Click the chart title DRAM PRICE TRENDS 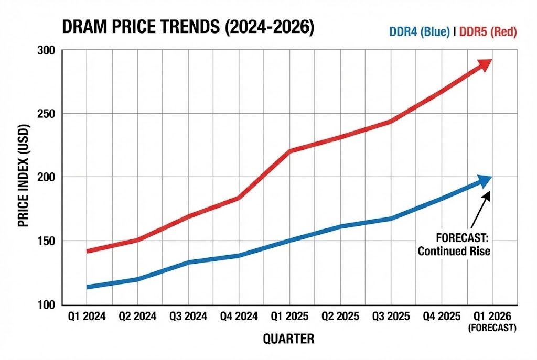[x=188, y=28]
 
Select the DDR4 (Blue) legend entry [x=420, y=32]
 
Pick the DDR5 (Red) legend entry [x=488, y=32]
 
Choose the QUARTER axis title [x=288, y=339]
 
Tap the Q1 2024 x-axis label [x=87, y=317]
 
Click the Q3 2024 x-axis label [x=188, y=317]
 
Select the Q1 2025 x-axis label [x=289, y=317]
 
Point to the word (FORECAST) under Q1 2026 [x=492, y=328]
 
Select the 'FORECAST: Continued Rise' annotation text [x=454, y=244]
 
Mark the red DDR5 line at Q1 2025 [x=289, y=151]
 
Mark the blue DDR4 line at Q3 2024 [x=188, y=262]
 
